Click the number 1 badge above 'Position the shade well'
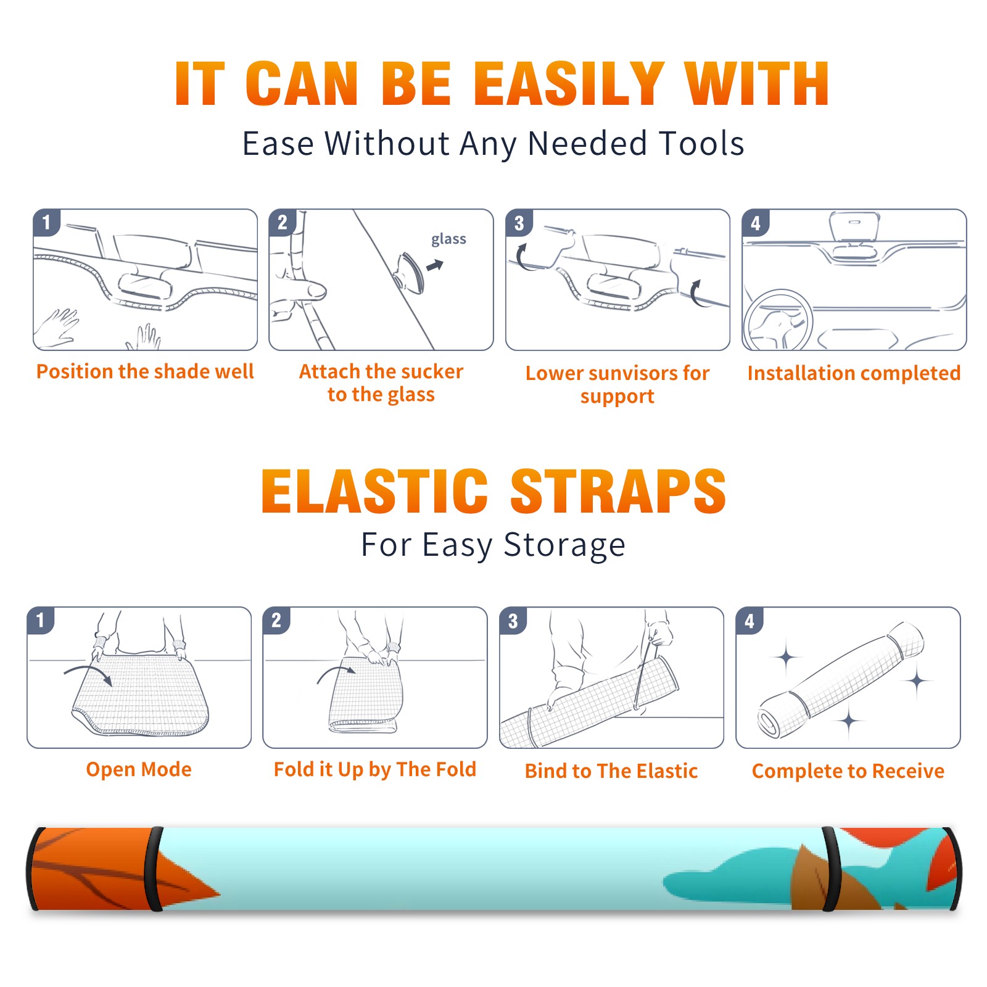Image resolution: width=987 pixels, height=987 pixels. pyautogui.click(x=46, y=221)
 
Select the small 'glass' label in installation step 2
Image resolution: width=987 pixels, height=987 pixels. pyautogui.click(x=448, y=239)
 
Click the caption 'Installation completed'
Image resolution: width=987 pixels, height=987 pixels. pyautogui.click(x=854, y=373)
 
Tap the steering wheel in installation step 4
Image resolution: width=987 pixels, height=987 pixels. pyautogui.click(x=778, y=321)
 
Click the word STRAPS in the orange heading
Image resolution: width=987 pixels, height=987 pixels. pyautogui.click(x=618, y=491)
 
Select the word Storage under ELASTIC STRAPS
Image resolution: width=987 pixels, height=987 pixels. pyautogui.click(x=564, y=545)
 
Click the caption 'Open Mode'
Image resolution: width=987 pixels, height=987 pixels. pyautogui.click(x=139, y=769)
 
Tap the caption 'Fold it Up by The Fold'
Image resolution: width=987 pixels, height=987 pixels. pyautogui.click(x=375, y=770)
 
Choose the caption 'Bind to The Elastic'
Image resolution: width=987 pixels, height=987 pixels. pyautogui.click(x=611, y=771)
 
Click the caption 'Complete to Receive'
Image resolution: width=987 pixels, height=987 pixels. pyautogui.click(x=848, y=771)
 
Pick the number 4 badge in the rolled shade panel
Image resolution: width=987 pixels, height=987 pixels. pyautogui.click(x=750, y=620)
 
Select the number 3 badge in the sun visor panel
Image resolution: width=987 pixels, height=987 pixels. pyautogui.click(x=519, y=222)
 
